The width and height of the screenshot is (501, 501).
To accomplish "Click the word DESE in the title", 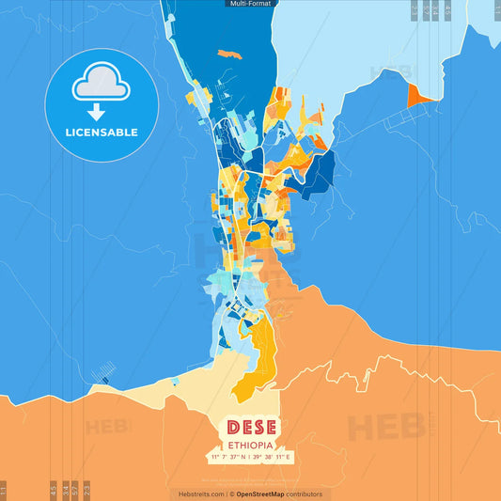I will pyautogui.click(x=250, y=428).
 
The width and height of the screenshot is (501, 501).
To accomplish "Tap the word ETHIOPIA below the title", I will pyautogui.click(x=250, y=445).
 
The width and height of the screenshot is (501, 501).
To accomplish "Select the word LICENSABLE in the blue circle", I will pyautogui.click(x=102, y=133).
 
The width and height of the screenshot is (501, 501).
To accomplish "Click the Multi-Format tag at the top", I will pyautogui.click(x=250, y=4).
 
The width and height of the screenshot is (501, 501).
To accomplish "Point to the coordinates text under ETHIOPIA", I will pyautogui.click(x=250, y=458).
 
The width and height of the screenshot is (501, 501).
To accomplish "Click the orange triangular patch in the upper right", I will pyautogui.click(x=417, y=94).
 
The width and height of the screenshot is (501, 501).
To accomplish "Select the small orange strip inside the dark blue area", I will pyautogui.click(x=229, y=54).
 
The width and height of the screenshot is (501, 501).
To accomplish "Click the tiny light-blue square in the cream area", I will pyautogui.click(x=175, y=381).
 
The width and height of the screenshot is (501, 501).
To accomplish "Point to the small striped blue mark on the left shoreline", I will pyautogui.click(x=104, y=381).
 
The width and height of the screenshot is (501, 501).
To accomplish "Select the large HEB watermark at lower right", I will pyautogui.click(x=385, y=426).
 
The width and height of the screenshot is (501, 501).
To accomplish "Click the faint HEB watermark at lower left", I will pyautogui.click(x=108, y=426).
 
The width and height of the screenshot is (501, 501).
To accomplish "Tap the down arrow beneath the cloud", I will pyautogui.click(x=102, y=111).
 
